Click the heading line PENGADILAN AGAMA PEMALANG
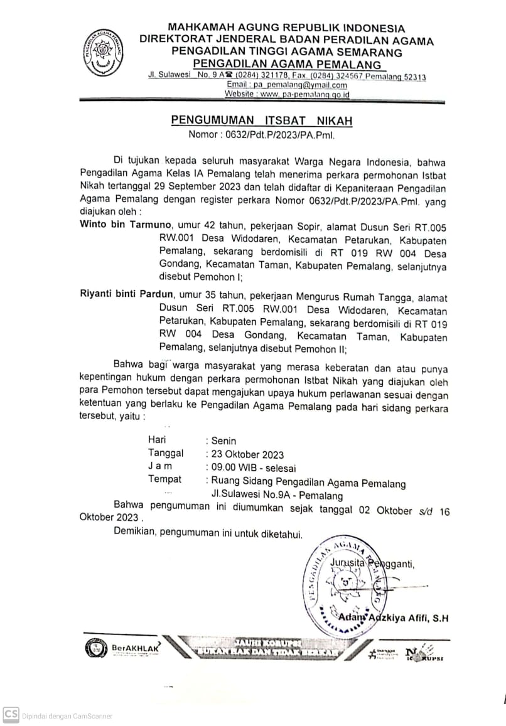[x=287, y=64]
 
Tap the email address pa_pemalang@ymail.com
[x=287, y=85]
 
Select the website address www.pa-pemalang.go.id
[x=287, y=94]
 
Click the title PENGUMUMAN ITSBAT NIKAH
[x=262, y=120]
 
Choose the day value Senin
[x=224, y=441]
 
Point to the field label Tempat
[x=164, y=479]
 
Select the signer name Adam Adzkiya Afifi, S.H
[x=393, y=619]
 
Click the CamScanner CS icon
[x=10, y=715]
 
